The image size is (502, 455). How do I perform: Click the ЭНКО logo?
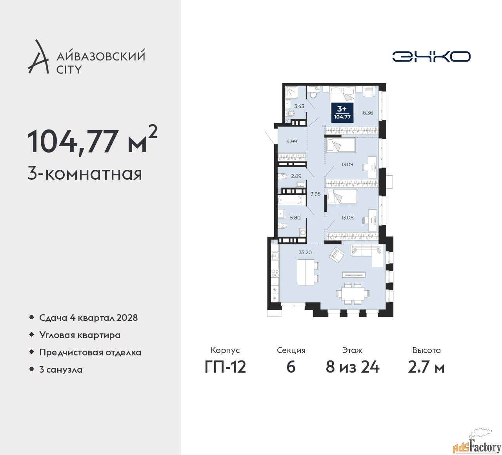click(431, 56)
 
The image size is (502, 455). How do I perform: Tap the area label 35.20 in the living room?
click(305, 252)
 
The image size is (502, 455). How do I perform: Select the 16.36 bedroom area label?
click(367, 113)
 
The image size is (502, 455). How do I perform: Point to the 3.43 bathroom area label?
click(299, 106)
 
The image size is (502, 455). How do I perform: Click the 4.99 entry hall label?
click(291, 142)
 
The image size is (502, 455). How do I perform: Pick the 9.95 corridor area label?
click(315, 194)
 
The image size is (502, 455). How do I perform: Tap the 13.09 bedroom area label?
click(347, 164)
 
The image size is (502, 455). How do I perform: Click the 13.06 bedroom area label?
click(347, 217)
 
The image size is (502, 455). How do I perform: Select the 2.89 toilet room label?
click(296, 176)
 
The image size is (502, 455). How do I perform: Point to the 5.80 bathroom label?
click(295, 217)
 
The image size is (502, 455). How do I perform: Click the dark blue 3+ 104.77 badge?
click(342, 112)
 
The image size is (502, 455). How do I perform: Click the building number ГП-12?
click(225, 367)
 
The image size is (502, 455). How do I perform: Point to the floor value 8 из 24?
click(352, 367)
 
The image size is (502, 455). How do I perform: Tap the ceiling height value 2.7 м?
click(426, 367)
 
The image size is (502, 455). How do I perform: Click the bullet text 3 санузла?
click(61, 369)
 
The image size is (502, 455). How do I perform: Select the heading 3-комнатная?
click(85, 173)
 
